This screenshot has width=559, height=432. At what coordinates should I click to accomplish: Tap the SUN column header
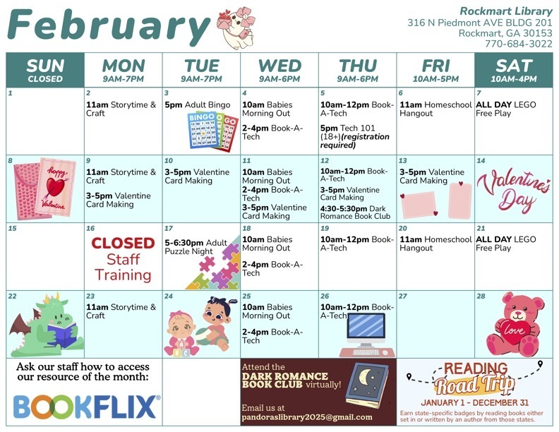coord(45,69)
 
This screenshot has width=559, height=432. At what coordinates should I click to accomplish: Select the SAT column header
coord(513,69)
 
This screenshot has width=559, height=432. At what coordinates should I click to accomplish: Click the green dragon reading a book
coord(45,325)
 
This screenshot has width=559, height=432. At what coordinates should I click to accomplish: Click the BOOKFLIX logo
coord(86,407)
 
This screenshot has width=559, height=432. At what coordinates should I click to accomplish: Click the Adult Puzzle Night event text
coord(196,247)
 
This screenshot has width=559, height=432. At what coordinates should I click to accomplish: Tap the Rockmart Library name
coord(506,11)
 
